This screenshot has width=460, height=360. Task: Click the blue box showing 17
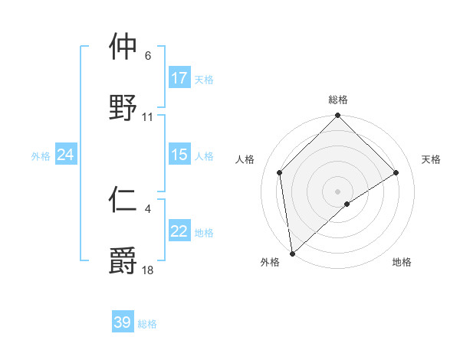coord(179,78)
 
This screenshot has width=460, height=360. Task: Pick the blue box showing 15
coord(179,155)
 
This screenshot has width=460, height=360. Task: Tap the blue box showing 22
coord(179,231)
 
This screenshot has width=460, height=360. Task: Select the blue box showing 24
coord(66,155)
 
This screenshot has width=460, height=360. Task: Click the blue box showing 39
coord(123,322)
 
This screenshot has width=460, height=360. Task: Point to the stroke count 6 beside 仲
coord(148,56)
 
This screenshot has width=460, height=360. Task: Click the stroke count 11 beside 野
coord(148,117)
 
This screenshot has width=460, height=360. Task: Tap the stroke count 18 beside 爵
coord(148,270)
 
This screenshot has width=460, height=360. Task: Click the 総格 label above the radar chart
coord(338,100)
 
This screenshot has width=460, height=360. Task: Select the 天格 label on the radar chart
coord(432,159)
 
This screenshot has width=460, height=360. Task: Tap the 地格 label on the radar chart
coord(402,262)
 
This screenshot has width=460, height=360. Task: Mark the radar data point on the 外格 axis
coord(292,254)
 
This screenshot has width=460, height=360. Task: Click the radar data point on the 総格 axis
coord(338,116)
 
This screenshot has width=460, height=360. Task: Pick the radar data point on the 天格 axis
coord(396,172)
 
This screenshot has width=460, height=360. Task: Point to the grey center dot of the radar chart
coord(338,191)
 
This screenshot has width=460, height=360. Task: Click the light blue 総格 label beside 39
coord(147,324)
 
